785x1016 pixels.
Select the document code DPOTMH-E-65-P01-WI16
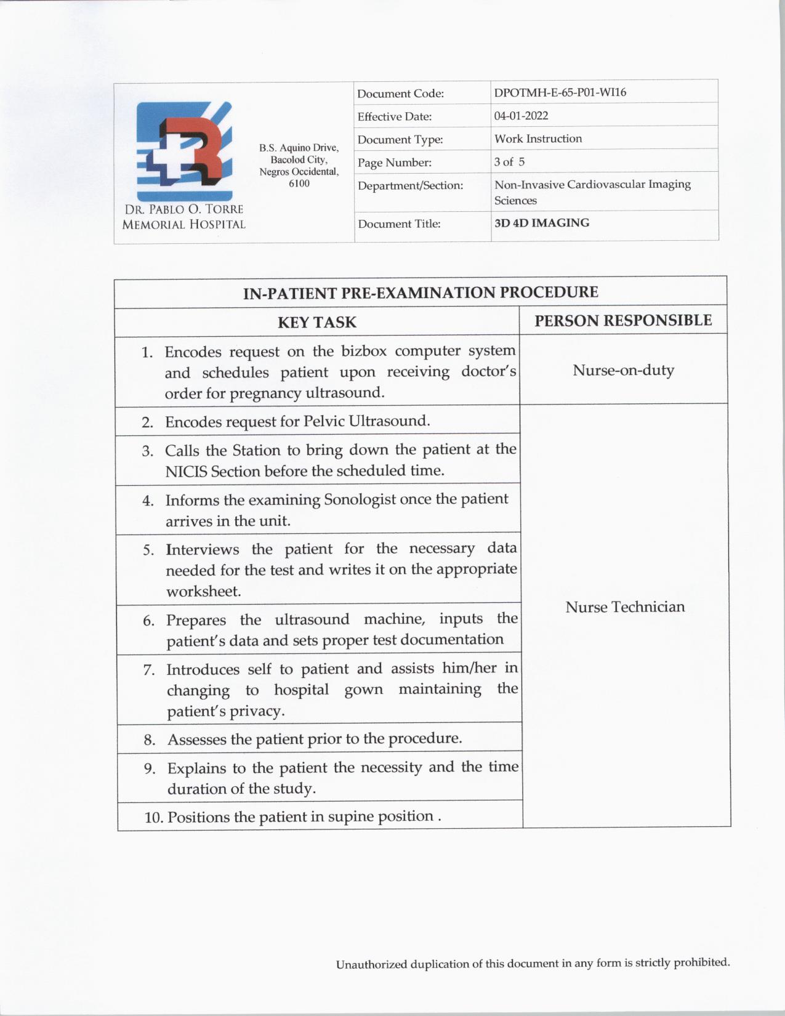560,92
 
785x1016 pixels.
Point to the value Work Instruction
537,139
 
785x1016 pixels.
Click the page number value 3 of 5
509,162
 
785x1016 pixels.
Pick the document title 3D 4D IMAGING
541,223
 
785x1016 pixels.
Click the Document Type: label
400,140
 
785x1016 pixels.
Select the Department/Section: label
410,185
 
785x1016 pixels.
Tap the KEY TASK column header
316,322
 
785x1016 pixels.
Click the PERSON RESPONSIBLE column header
623,321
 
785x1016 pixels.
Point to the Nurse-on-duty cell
623,370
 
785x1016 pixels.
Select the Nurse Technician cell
625,607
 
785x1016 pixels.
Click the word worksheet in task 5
203,591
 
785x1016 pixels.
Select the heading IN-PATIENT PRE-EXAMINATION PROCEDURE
421,292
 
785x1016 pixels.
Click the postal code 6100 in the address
299,183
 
